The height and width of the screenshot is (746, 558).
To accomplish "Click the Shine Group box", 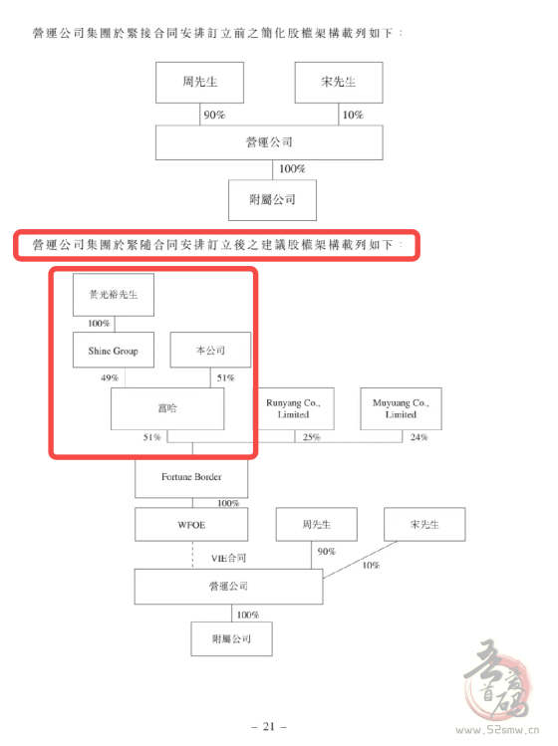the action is pos(114,350).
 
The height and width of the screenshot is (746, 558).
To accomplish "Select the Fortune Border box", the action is pos(191,477).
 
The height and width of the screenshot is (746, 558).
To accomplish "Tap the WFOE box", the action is pos(191,524).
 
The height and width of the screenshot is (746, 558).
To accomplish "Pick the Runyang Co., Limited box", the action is pos(293,408).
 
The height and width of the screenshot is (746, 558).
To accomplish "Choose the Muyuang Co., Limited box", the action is pos(401,408).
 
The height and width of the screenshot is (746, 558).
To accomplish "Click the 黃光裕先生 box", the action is pos(114,295).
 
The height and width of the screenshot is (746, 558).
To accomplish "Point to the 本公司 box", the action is pos(210,350).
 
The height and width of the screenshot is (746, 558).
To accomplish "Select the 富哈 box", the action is pos(167,408).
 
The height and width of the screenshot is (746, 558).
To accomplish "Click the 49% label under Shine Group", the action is pos(110,377).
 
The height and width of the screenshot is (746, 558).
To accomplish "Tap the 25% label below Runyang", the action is pos(312,437).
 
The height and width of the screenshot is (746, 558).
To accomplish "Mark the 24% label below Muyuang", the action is pos(418,437).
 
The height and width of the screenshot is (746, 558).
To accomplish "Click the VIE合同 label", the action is pos(229,558).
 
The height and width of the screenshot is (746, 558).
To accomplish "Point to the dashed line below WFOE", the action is pos(193,555).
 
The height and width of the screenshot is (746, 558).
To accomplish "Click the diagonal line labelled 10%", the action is pos(360,560).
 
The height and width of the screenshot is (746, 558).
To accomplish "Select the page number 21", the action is pos(269,726).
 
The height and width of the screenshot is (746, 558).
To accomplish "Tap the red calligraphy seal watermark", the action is pos(498,680).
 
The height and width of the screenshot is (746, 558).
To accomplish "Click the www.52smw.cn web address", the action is pos(497,730).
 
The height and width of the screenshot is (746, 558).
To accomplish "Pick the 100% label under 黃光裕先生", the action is pos(99,324).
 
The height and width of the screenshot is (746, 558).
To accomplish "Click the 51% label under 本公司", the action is pos(225,377).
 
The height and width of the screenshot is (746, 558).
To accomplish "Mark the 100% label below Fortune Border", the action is pos(228,503).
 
